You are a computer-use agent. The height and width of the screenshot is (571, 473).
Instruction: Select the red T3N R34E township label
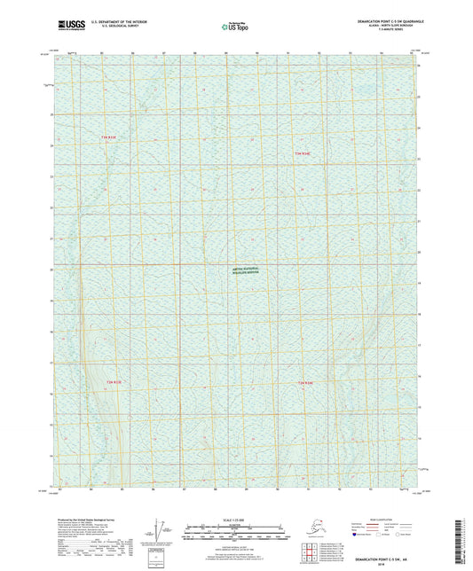pos(303,153)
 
